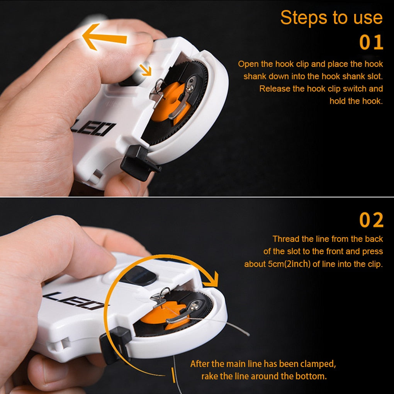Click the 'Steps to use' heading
pos(331,18)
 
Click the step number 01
pos(371,42)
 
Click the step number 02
pos(371,220)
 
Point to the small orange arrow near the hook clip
pos(146,70)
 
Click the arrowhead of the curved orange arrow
pos(212,279)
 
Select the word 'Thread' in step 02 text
pos(285,239)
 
